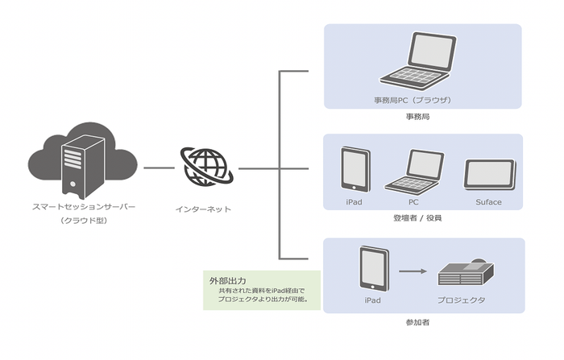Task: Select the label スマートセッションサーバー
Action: click(79, 207)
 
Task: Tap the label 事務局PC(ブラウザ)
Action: click(412, 99)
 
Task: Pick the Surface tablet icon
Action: click(488, 174)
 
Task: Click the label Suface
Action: click(488, 201)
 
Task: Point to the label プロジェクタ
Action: click(462, 300)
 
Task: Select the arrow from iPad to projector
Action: click(412, 271)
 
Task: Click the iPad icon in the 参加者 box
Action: click(372, 269)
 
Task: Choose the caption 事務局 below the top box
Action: click(417, 117)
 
